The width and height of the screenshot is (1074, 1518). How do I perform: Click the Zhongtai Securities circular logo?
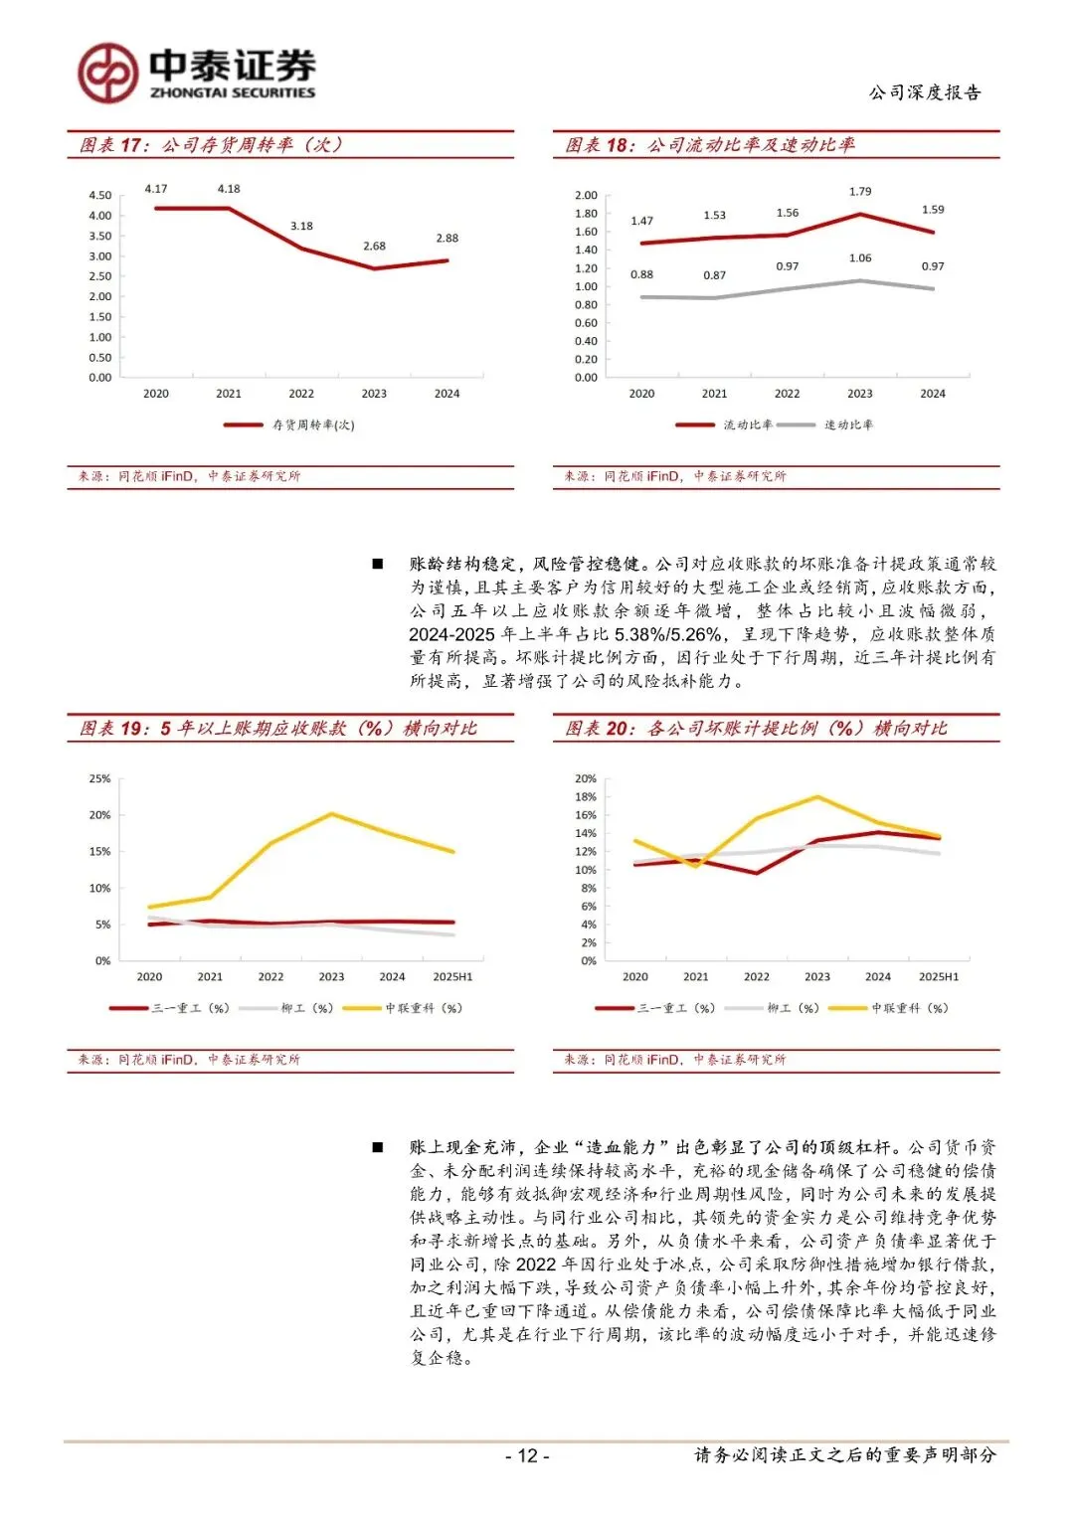point(107,73)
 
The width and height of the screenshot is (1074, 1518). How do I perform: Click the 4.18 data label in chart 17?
point(229,189)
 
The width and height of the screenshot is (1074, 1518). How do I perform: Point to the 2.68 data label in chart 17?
point(374,246)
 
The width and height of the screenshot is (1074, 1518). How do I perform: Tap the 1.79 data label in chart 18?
point(860,192)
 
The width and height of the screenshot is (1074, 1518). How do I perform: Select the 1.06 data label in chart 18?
point(860,258)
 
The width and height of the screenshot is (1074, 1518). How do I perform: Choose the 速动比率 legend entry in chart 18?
point(847,425)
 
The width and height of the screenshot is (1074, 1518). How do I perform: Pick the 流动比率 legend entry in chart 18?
point(747,425)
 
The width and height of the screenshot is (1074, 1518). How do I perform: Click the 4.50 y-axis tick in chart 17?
point(100,196)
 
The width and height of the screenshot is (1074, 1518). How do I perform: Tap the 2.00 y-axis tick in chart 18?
point(586,196)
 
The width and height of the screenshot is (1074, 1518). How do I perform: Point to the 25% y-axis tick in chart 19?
point(100,779)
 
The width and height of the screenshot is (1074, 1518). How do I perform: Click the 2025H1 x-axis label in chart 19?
point(452,977)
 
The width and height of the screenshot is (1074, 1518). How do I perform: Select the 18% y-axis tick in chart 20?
point(586,797)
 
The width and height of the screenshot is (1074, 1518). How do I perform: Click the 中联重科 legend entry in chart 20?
point(909,1008)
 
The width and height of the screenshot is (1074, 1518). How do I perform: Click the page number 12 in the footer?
point(527,1456)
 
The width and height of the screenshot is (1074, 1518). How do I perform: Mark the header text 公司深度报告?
point(925,92)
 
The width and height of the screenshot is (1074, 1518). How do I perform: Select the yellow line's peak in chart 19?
point(331,814)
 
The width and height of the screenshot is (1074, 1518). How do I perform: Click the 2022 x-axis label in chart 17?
point(301,394)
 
